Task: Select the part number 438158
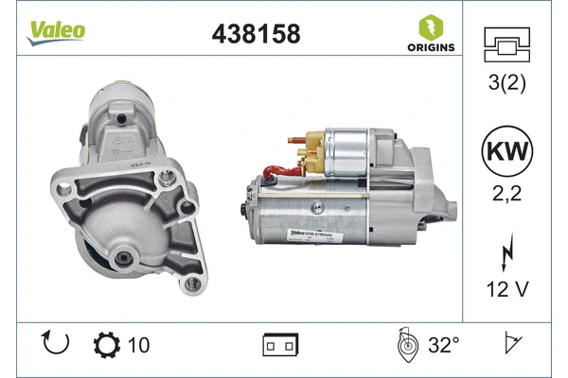pyautogui.click(x=254, y=34)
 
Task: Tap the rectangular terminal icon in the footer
pyautogui.click(x=281, y=346)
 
